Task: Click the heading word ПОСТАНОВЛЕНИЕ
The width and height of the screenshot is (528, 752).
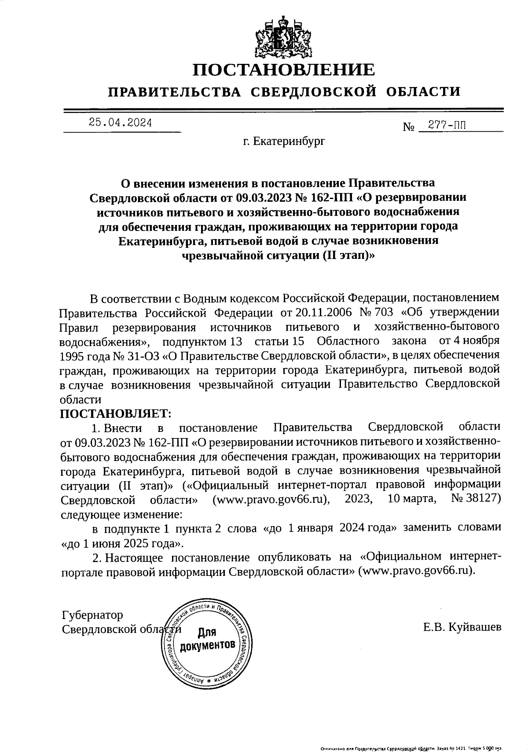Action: click(285, 70)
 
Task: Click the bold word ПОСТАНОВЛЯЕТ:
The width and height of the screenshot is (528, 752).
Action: click(115, 413)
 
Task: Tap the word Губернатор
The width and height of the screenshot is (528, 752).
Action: click(93, 615)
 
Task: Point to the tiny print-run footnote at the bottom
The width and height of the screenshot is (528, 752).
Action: click(411, 748)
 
